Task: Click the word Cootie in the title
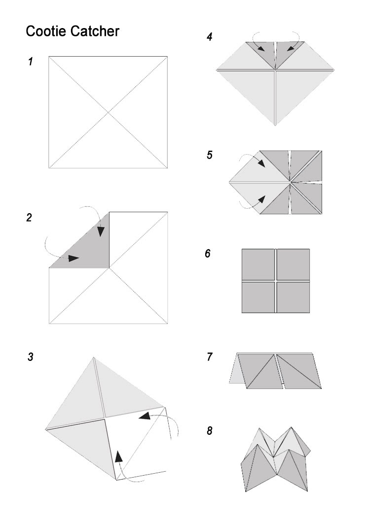[46, 32]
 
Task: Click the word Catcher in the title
[95, 32]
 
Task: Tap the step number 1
[31, 62]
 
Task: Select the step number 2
[29, 218]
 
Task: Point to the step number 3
[31, 357]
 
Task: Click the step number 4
[209, 36]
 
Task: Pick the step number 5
[210, 155]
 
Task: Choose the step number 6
[208, 254]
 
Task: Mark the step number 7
[210, 357]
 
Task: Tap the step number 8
[210, 431]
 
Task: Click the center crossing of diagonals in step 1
[108, 112]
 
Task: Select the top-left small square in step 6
[258, 264]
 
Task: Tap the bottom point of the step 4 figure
[275, 125]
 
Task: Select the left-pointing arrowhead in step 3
[145, 416]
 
